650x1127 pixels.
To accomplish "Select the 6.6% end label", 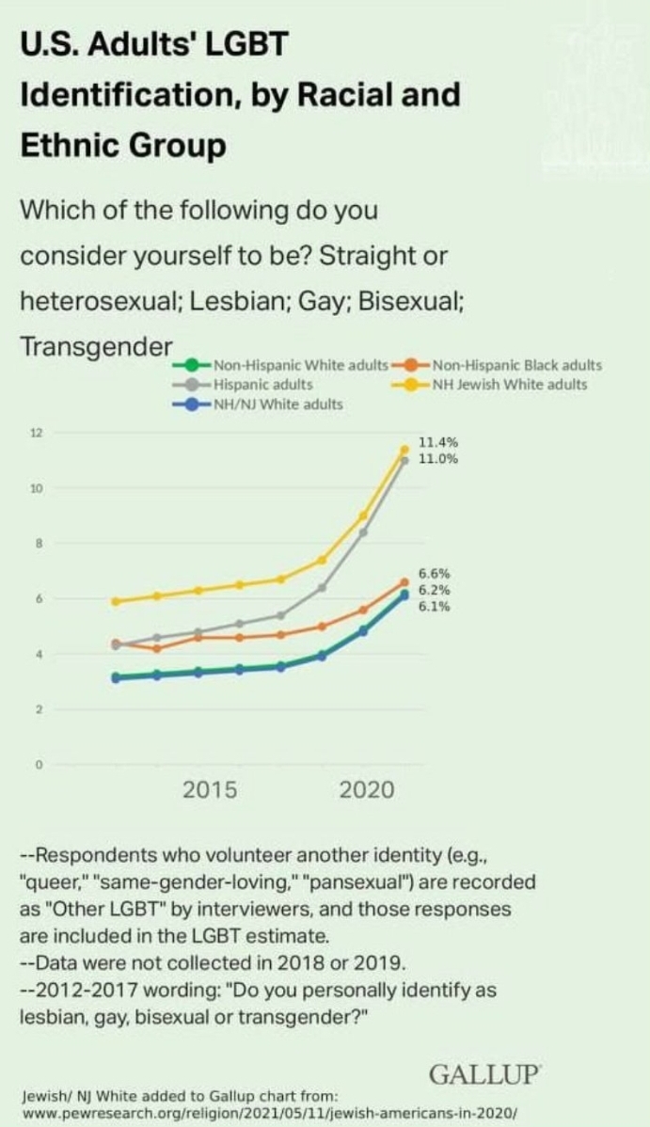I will click(434, 574).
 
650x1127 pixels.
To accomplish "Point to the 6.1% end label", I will click(434, 607).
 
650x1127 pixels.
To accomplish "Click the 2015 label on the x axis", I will click(210, 790).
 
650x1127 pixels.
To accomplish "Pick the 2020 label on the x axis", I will click(367, 790).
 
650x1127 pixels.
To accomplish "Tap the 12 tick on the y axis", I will click(38, 433).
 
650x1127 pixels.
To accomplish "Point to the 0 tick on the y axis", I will click(40, 765).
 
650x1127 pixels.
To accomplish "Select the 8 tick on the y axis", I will click(40, 544).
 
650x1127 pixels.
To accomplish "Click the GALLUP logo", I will click(484, 1074).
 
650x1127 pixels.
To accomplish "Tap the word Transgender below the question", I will click(95, 345).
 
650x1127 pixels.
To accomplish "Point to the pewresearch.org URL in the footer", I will click(268, 1112).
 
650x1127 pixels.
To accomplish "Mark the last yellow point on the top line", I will click(404, 449).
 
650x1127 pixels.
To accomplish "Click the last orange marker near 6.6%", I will click(404, 582).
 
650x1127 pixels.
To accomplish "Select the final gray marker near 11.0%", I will click(404, 460).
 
